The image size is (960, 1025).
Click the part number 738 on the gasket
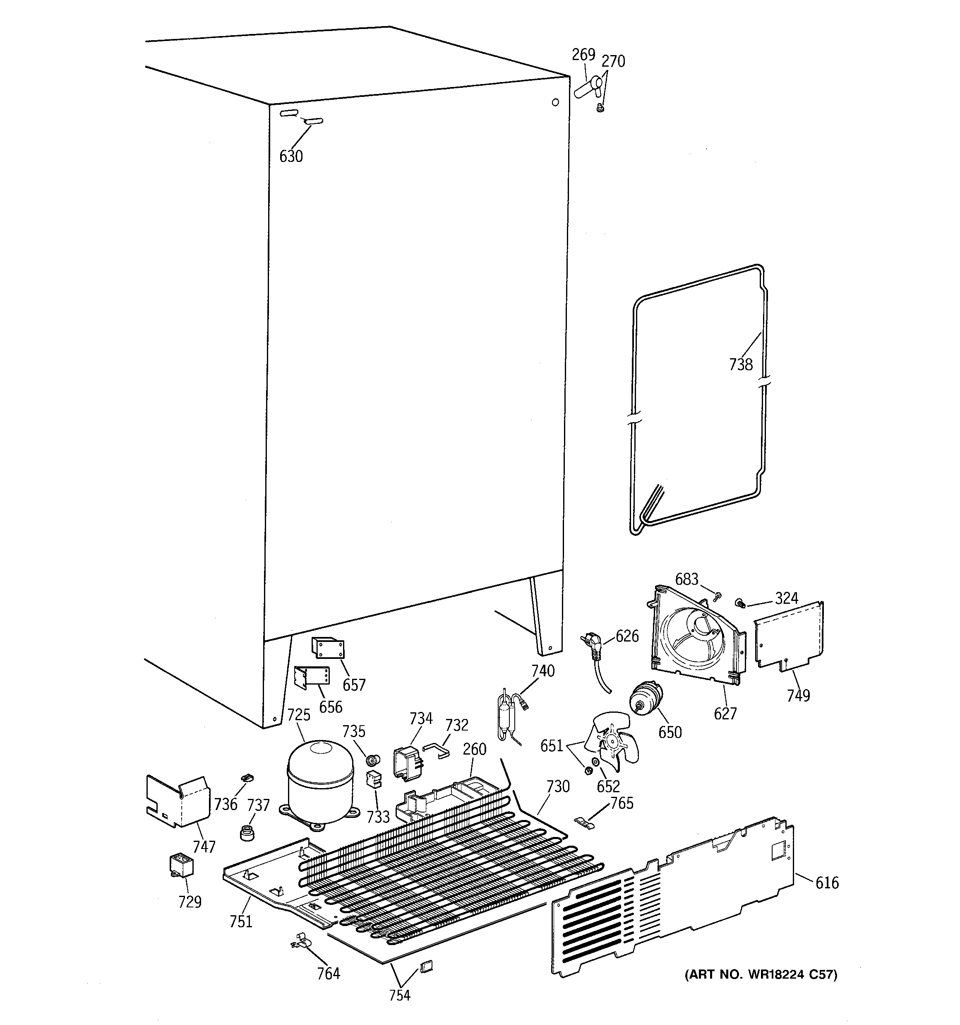(x=741, y=364)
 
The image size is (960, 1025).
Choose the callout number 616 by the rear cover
(x=826, y=883)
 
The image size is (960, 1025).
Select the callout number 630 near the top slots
(x=290, y=156)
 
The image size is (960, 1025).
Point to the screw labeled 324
(x=740, y=602)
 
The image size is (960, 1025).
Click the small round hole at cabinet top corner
(x=555, y=102)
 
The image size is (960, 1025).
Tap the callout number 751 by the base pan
(x=241, y=921)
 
